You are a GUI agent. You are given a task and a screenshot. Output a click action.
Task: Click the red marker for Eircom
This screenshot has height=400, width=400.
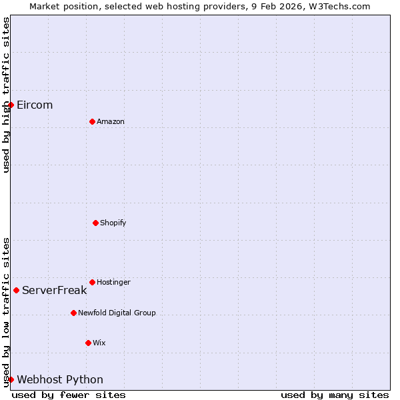coord(11,105)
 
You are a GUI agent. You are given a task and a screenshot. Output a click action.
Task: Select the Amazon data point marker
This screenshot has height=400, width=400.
coord(92,121)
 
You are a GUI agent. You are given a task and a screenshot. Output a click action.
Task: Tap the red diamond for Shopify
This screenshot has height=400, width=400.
coord(95,223)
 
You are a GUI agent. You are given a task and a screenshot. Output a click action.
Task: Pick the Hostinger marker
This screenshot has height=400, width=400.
coord(92,282)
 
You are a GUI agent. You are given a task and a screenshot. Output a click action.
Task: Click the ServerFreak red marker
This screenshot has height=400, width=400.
coord(16,290)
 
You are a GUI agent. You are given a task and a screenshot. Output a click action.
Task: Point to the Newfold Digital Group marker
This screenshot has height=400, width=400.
coord(73,313)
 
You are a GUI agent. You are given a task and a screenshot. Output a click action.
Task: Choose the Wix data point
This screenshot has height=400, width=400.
coord(88,343)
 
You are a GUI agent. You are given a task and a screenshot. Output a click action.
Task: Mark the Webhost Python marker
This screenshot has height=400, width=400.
coord(11,379)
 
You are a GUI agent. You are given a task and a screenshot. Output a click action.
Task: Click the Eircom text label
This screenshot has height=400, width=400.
coord(35,105)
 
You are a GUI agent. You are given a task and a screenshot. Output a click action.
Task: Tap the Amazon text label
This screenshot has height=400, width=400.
coord(111,121)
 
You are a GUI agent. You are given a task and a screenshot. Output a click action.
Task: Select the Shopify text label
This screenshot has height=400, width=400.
coord(113,223)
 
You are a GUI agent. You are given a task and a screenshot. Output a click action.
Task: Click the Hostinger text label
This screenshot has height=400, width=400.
coord(113,282)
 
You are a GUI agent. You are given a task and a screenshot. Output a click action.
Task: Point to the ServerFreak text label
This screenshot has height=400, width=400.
coord(55,290)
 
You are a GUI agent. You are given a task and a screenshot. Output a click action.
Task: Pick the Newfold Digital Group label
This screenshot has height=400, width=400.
coord(117,313)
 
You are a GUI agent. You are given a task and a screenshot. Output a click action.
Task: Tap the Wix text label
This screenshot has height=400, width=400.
coord(99,343)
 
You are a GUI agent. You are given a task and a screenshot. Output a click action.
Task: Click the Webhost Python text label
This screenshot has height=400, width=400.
coord(60,379)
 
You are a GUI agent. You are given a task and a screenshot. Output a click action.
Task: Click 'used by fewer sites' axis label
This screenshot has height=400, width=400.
coord(69,395)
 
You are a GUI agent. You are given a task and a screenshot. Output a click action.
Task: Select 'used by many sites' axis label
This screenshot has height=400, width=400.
coord(335,395)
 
